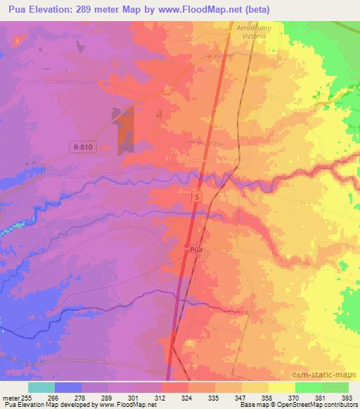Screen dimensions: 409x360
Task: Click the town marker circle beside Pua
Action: pyautogui.click(x=186, y=248)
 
